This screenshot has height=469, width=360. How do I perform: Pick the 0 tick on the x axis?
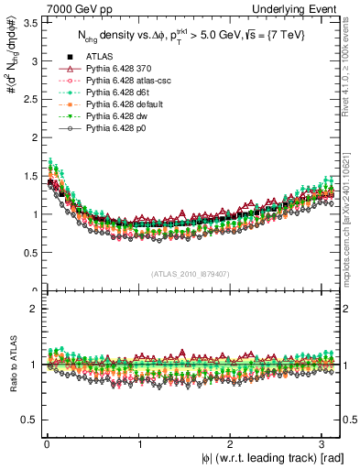click(x=46, y=444)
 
